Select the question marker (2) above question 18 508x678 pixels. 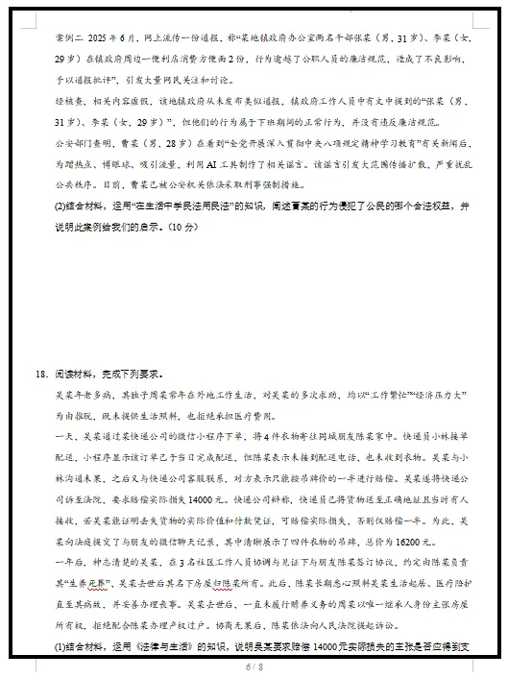(60, 206)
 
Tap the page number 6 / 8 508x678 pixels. (254, 666)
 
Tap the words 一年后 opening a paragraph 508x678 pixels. (69, 561)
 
